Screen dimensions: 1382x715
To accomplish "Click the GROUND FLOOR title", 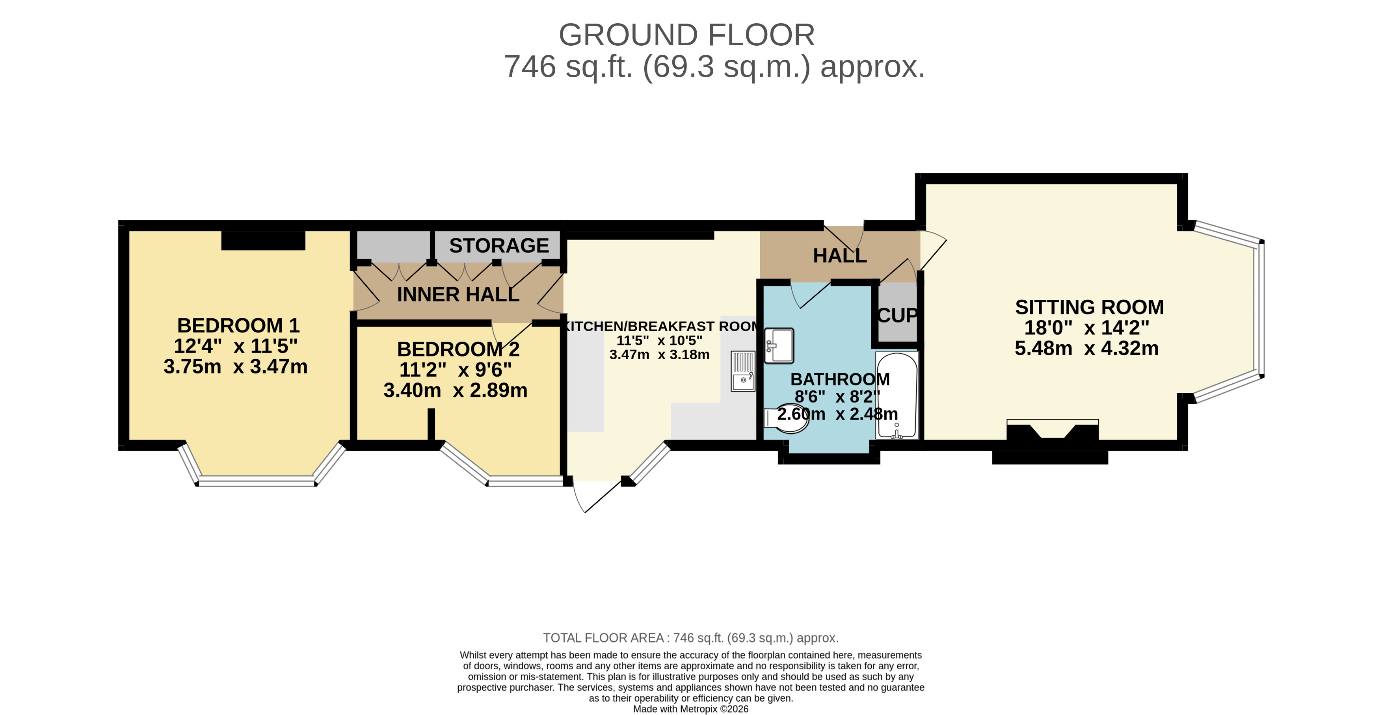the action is click(x=687, y=35).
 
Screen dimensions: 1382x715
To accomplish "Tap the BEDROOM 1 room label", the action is click(x=238, y=325).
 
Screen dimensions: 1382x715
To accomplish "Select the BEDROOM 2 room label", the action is click(x=458, y=349).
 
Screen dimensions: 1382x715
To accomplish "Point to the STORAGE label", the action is click(x=499, y=246).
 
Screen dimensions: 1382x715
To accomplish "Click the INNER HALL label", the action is click(x=458, y=295).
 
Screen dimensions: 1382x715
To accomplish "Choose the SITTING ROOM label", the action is click(x=1090, y=307).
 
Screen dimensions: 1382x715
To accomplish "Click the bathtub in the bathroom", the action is click(x=897, y=395).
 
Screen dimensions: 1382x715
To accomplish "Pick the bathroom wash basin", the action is click(x=779, y=345).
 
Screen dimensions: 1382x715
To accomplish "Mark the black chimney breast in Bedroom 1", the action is click(x=263, y=240).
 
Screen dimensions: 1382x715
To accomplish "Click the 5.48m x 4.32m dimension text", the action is click(x=1087, y=349).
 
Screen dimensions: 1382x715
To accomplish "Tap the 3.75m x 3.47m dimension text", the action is click(x=236, y=367).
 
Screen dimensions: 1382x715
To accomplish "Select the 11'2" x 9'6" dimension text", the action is click(x=456, y=370).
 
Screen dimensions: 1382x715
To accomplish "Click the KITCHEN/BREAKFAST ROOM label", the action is click(x=660, y=326).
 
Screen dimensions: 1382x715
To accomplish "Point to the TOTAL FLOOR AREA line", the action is click(x=690, y=638).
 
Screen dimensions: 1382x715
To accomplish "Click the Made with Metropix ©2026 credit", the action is click(x=690, y=709).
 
